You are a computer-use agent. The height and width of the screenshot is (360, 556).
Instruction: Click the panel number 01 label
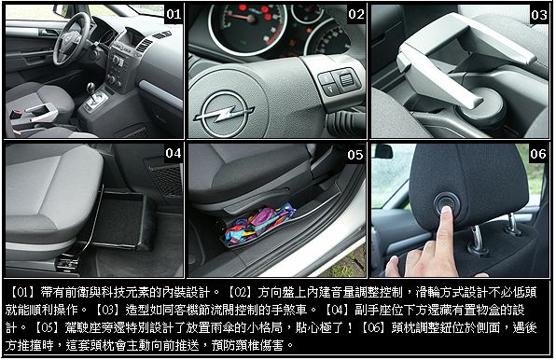pyautogui.click(x=174, y=14)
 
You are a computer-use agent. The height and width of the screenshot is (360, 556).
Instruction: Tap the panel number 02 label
pyautogui.click(x=356, y=14)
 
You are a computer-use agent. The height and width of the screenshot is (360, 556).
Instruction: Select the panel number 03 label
pyautogui.click(x=539, y=15)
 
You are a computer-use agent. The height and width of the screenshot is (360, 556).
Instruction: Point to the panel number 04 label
pyautogui.click(x=174, y=153)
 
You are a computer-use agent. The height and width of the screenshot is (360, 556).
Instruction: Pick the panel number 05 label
pyautogui.click(x=355, y=155)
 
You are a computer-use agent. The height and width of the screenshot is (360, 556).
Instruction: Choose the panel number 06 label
pyautogui.click(x=538, y=154)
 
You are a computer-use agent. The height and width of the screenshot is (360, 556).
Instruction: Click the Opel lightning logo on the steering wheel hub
pyautogui.click(x=223, y=113)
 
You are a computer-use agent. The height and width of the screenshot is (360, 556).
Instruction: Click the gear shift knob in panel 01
pyautogui.click(x=91, y=87)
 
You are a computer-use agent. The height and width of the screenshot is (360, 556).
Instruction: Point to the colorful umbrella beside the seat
pyautogui.click(x=258, y=224)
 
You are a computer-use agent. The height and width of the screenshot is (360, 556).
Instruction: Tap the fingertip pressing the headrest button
pyautogui.click(x=445, y=212)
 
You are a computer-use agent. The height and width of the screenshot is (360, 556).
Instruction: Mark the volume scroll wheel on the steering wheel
pyautogui.click(x=345, y=80)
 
